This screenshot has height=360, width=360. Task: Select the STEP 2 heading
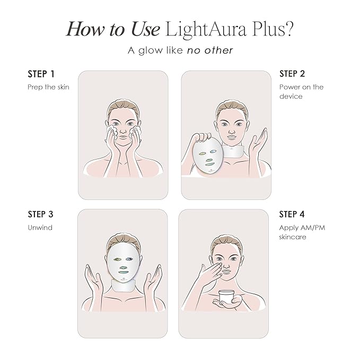tap(292, 74)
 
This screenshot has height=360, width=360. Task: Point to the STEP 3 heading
tap(40, 214)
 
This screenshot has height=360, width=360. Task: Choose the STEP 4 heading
tap(292, 214)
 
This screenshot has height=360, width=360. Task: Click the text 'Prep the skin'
tap(48, 86)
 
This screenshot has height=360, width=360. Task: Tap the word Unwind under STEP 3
tap(40, 227)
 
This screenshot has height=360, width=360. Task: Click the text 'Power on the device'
tap(301, 91)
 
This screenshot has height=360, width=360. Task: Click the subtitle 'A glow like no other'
tap(180, 51)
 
